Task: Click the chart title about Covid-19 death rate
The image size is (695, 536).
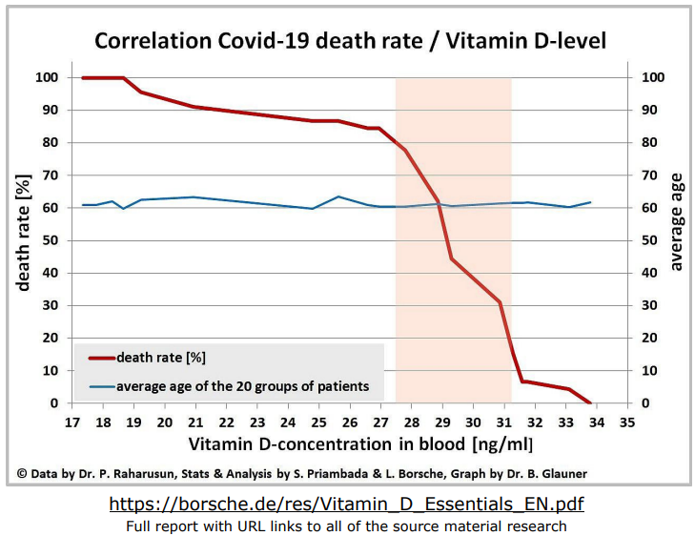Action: (349, 41)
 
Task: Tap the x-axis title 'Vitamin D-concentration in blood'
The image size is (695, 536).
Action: (360, 443)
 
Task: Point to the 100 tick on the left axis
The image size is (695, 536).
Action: (46, 77)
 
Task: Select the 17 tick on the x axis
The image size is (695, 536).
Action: (72, 422)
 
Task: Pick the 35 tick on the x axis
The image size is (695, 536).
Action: (626, 422)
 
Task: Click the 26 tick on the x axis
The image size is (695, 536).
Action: (349, 422)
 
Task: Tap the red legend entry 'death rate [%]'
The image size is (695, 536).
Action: (160, 358)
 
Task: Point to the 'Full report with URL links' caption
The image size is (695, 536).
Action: (347, 526)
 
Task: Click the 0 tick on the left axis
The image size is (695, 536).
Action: (52, 403)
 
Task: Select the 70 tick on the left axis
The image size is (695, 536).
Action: (49, 175)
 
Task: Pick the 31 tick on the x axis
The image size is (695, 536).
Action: (503, 422)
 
